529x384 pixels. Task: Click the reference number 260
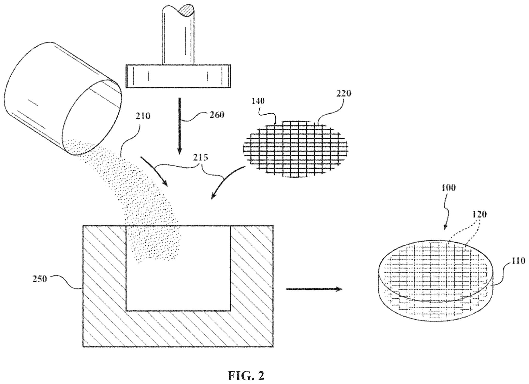click(x=216, y=115)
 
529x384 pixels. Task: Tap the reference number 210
click(x=143, y=116)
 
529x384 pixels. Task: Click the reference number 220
click(x=344, y=93)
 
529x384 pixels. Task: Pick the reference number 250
click(x=40, y=279)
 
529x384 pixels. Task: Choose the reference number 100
click(x=448, y=188)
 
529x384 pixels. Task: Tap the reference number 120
click(x=479, y=214)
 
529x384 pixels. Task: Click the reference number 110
click(x=518, y=261)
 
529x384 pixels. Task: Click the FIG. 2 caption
click(x=246, y=376)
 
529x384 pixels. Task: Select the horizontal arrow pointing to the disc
click(x=314, y=289)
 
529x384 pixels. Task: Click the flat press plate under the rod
click(x=178, y=76)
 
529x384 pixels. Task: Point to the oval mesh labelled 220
click(x=295, y=149)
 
